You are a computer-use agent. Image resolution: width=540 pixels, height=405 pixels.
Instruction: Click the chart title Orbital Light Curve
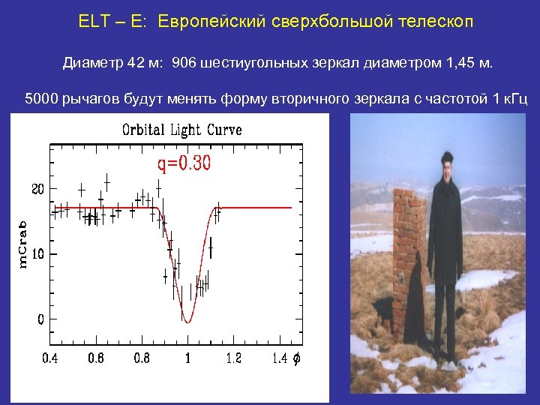click(182, 130)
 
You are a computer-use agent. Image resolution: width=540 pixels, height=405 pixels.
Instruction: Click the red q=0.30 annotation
click(184, 164)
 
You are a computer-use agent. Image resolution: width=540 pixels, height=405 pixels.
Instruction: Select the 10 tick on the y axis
click(37, 254)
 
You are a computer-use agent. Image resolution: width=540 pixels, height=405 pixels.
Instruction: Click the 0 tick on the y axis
click(41, 319)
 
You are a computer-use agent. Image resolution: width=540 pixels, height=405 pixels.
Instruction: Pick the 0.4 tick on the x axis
click(49, 358)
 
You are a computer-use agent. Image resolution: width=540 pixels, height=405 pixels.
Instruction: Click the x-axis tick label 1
click(187, 358)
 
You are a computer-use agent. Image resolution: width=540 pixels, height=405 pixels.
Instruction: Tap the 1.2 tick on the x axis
click(234, 358)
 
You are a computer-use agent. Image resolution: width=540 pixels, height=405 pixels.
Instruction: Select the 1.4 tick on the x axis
click(279, 358)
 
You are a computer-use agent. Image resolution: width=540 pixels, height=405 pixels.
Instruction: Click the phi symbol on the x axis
click(296, 358)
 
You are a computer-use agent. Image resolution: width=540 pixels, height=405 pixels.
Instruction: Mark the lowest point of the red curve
click(188, 322)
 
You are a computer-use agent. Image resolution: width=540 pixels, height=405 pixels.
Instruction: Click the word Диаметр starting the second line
click(92, 63)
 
